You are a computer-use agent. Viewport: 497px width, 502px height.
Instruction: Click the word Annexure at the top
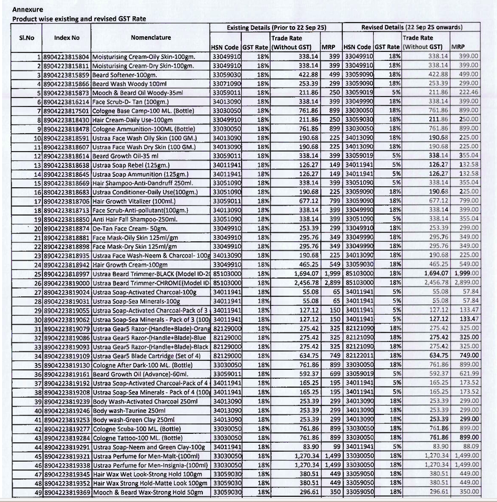[x=28, y=9]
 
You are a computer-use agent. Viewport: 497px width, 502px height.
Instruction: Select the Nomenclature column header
[x=150, y=37]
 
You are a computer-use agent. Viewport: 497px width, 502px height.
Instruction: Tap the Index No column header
[x=67, y=37]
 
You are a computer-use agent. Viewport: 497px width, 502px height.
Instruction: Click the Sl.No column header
[x=26, y=37]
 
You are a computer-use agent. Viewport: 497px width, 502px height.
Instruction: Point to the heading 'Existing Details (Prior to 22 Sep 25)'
[x=276, y=27]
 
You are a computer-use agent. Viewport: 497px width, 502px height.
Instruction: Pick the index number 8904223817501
[x=68, y=111]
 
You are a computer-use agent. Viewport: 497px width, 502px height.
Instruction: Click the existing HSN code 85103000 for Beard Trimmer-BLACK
[x=226, y=273]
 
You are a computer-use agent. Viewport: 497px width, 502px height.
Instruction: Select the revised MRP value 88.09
[x=470, y=446]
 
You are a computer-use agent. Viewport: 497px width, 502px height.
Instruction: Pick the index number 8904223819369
[x=68, y=492]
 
